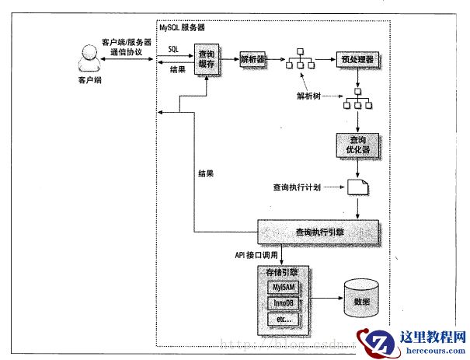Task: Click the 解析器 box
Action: point(253,59)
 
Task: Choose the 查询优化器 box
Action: point(357,143)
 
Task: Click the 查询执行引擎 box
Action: point(318,231)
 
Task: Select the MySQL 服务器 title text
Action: point(184,27)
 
